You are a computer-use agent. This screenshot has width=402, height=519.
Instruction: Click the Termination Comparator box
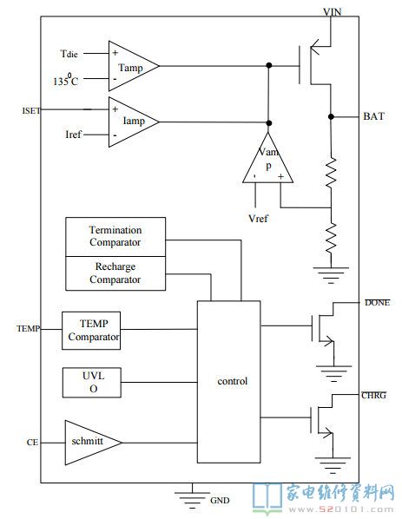tap(115, 237)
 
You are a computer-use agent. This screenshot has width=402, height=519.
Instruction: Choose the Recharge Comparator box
tap(115, 273)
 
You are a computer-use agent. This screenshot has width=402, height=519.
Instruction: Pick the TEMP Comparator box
tap(91, 331)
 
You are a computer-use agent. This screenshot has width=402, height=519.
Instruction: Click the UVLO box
tap(92, 382)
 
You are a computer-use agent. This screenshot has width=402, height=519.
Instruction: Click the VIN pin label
tap(333, 12)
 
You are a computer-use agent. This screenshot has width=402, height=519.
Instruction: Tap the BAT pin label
tap(374, 116)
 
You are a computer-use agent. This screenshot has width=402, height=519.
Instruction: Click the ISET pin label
tap(31, 110)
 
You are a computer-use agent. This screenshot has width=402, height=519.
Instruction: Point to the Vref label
tap(258, 219)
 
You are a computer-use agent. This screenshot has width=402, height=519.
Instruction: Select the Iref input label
tap(73, 135)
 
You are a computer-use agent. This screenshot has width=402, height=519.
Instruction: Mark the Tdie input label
tap(69, 54)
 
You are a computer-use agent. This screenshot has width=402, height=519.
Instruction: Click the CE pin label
tap(32, 443)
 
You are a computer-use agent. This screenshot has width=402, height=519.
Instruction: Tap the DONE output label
tap(377, 303)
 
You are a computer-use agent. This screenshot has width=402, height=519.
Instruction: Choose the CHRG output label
tap(374, 395)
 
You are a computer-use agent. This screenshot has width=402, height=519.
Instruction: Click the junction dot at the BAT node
tap(331, 116)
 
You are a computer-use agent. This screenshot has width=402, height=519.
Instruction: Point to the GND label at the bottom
tap(220, 500)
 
